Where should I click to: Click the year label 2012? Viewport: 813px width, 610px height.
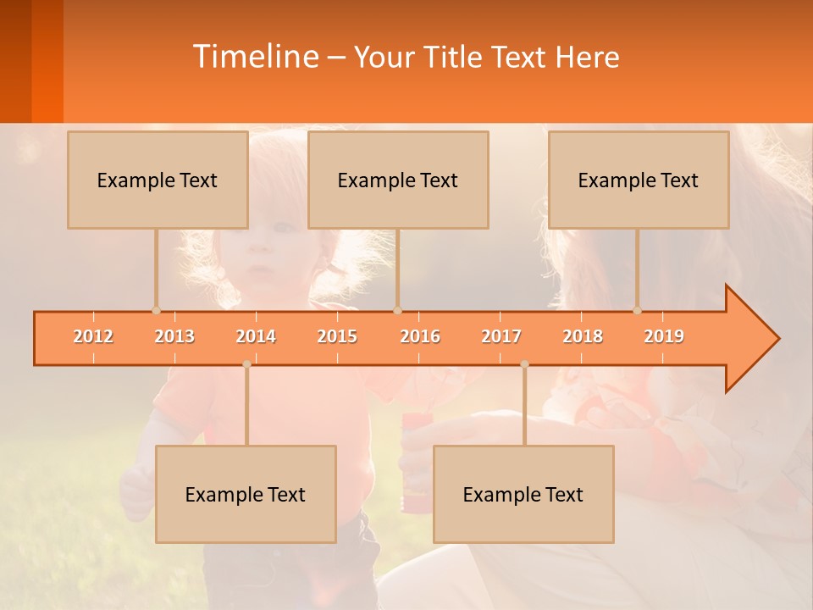(93, 336)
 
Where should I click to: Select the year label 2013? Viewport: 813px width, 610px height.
(174, 336)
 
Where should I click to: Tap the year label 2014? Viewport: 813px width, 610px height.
(256, 336)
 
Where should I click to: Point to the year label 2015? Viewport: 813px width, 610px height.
(337, 336)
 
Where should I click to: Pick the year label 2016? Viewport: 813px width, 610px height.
(420, 336)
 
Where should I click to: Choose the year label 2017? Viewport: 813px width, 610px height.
(501, 336)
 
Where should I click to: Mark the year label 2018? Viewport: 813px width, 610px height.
(583, 336)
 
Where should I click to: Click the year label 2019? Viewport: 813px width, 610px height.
(664, 336)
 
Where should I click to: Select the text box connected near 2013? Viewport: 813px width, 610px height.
(158, 180)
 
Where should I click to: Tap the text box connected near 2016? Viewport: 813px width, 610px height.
(398, 180)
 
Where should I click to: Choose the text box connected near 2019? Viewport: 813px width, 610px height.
(639, 180)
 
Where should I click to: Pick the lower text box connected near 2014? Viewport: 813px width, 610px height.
(246, 494)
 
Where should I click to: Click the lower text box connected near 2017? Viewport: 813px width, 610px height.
(523, 494)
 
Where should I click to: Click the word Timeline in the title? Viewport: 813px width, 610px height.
(255, 57)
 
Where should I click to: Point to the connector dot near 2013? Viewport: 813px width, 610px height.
(156, 310)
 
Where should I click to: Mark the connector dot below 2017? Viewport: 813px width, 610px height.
(524, 364)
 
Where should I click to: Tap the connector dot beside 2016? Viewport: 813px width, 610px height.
(397, 310)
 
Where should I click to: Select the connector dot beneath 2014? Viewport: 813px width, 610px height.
(246, 364)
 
